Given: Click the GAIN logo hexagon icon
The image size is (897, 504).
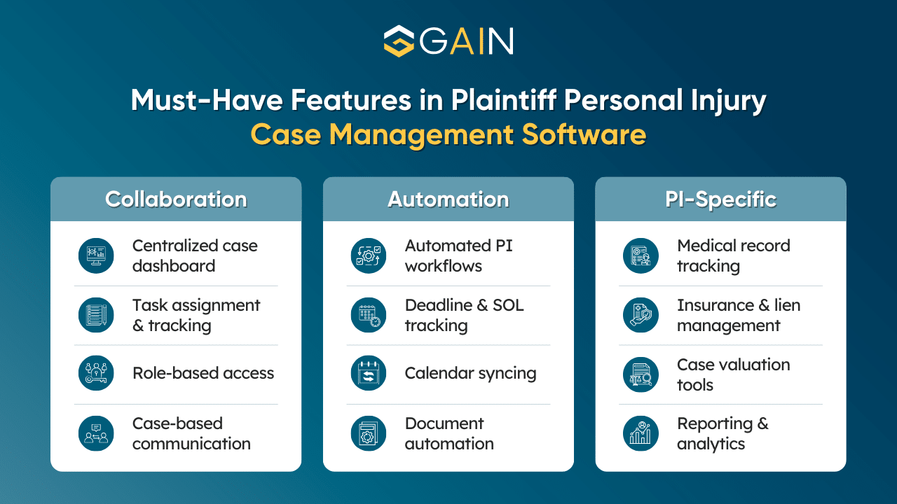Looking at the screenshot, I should pos(399,41).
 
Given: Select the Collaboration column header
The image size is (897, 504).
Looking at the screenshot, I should pos(176,199).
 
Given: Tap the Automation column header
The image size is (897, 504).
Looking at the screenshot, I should pos(448,199).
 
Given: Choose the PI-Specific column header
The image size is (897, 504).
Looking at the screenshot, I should pos(720,199).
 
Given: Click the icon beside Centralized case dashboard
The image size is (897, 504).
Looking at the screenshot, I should pos(96,255).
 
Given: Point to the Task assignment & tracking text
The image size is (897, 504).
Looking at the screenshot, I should pos(196,315).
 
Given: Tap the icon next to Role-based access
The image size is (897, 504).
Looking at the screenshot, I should pos(96,374).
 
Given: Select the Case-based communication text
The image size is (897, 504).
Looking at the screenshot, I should pos(191,433).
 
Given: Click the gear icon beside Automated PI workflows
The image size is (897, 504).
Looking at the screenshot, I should pos(369,255).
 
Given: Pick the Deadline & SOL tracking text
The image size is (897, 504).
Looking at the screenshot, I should pos(464,315).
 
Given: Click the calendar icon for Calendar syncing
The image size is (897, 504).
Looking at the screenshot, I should pos(369,374).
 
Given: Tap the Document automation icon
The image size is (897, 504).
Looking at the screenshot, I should pos(369,433).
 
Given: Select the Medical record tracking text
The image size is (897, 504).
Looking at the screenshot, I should pos(733,255).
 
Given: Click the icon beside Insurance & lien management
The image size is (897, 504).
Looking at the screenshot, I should pos(641,315).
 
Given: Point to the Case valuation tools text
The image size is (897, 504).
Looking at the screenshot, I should pos(733,374).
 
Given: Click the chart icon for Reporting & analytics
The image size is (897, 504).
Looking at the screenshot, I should pos(641,433).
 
